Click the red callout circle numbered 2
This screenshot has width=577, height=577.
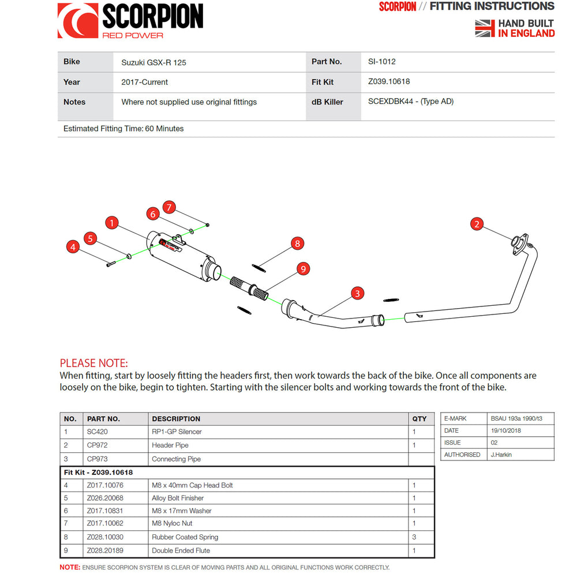pos(477,224)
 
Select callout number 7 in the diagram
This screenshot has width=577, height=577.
pos(168,207)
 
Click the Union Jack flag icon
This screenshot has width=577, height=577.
pos(485,28)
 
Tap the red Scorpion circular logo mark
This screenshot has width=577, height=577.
pos(77,21)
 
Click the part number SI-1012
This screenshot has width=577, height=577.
pos(382,62)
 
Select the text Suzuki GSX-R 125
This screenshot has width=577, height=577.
pos(153,62)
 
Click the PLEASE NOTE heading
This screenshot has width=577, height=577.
pos(94,364)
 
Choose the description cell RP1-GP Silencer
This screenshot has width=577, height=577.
pos(177,432)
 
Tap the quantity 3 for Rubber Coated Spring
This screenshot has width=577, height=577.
pos(414,537)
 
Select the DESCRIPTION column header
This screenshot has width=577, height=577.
pos(176,419)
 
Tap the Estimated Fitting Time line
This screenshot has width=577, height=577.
pos(123,129)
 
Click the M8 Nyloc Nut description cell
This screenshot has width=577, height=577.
pos(172,523)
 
